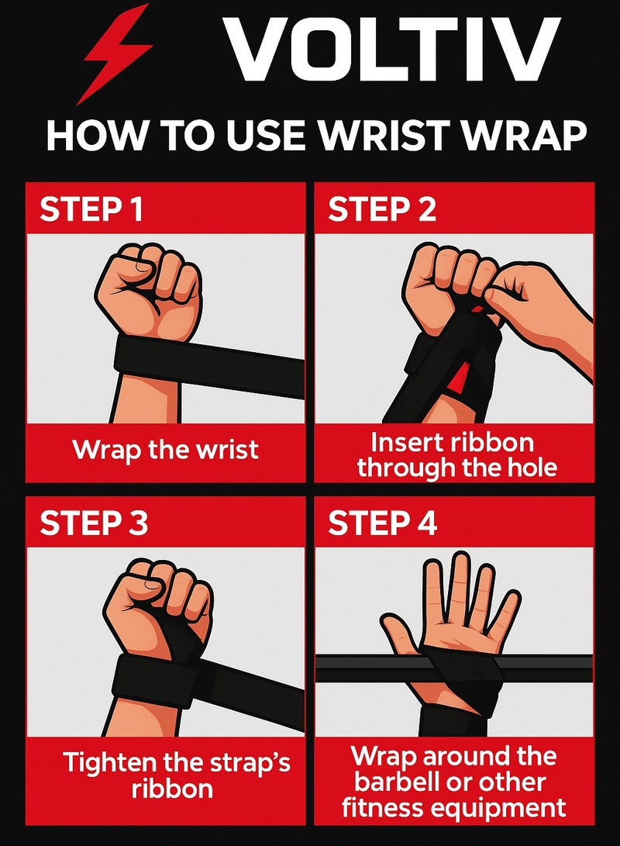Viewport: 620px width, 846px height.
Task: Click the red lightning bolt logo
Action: click(116, 53)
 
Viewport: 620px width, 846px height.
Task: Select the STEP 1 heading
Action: click(91, 210)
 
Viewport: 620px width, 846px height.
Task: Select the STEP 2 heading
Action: click(382, 210)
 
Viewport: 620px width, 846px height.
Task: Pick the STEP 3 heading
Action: click(94, 523)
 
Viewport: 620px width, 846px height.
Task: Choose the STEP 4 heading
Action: click(383, 523)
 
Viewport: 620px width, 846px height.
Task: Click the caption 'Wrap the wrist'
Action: click(165, 450)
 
